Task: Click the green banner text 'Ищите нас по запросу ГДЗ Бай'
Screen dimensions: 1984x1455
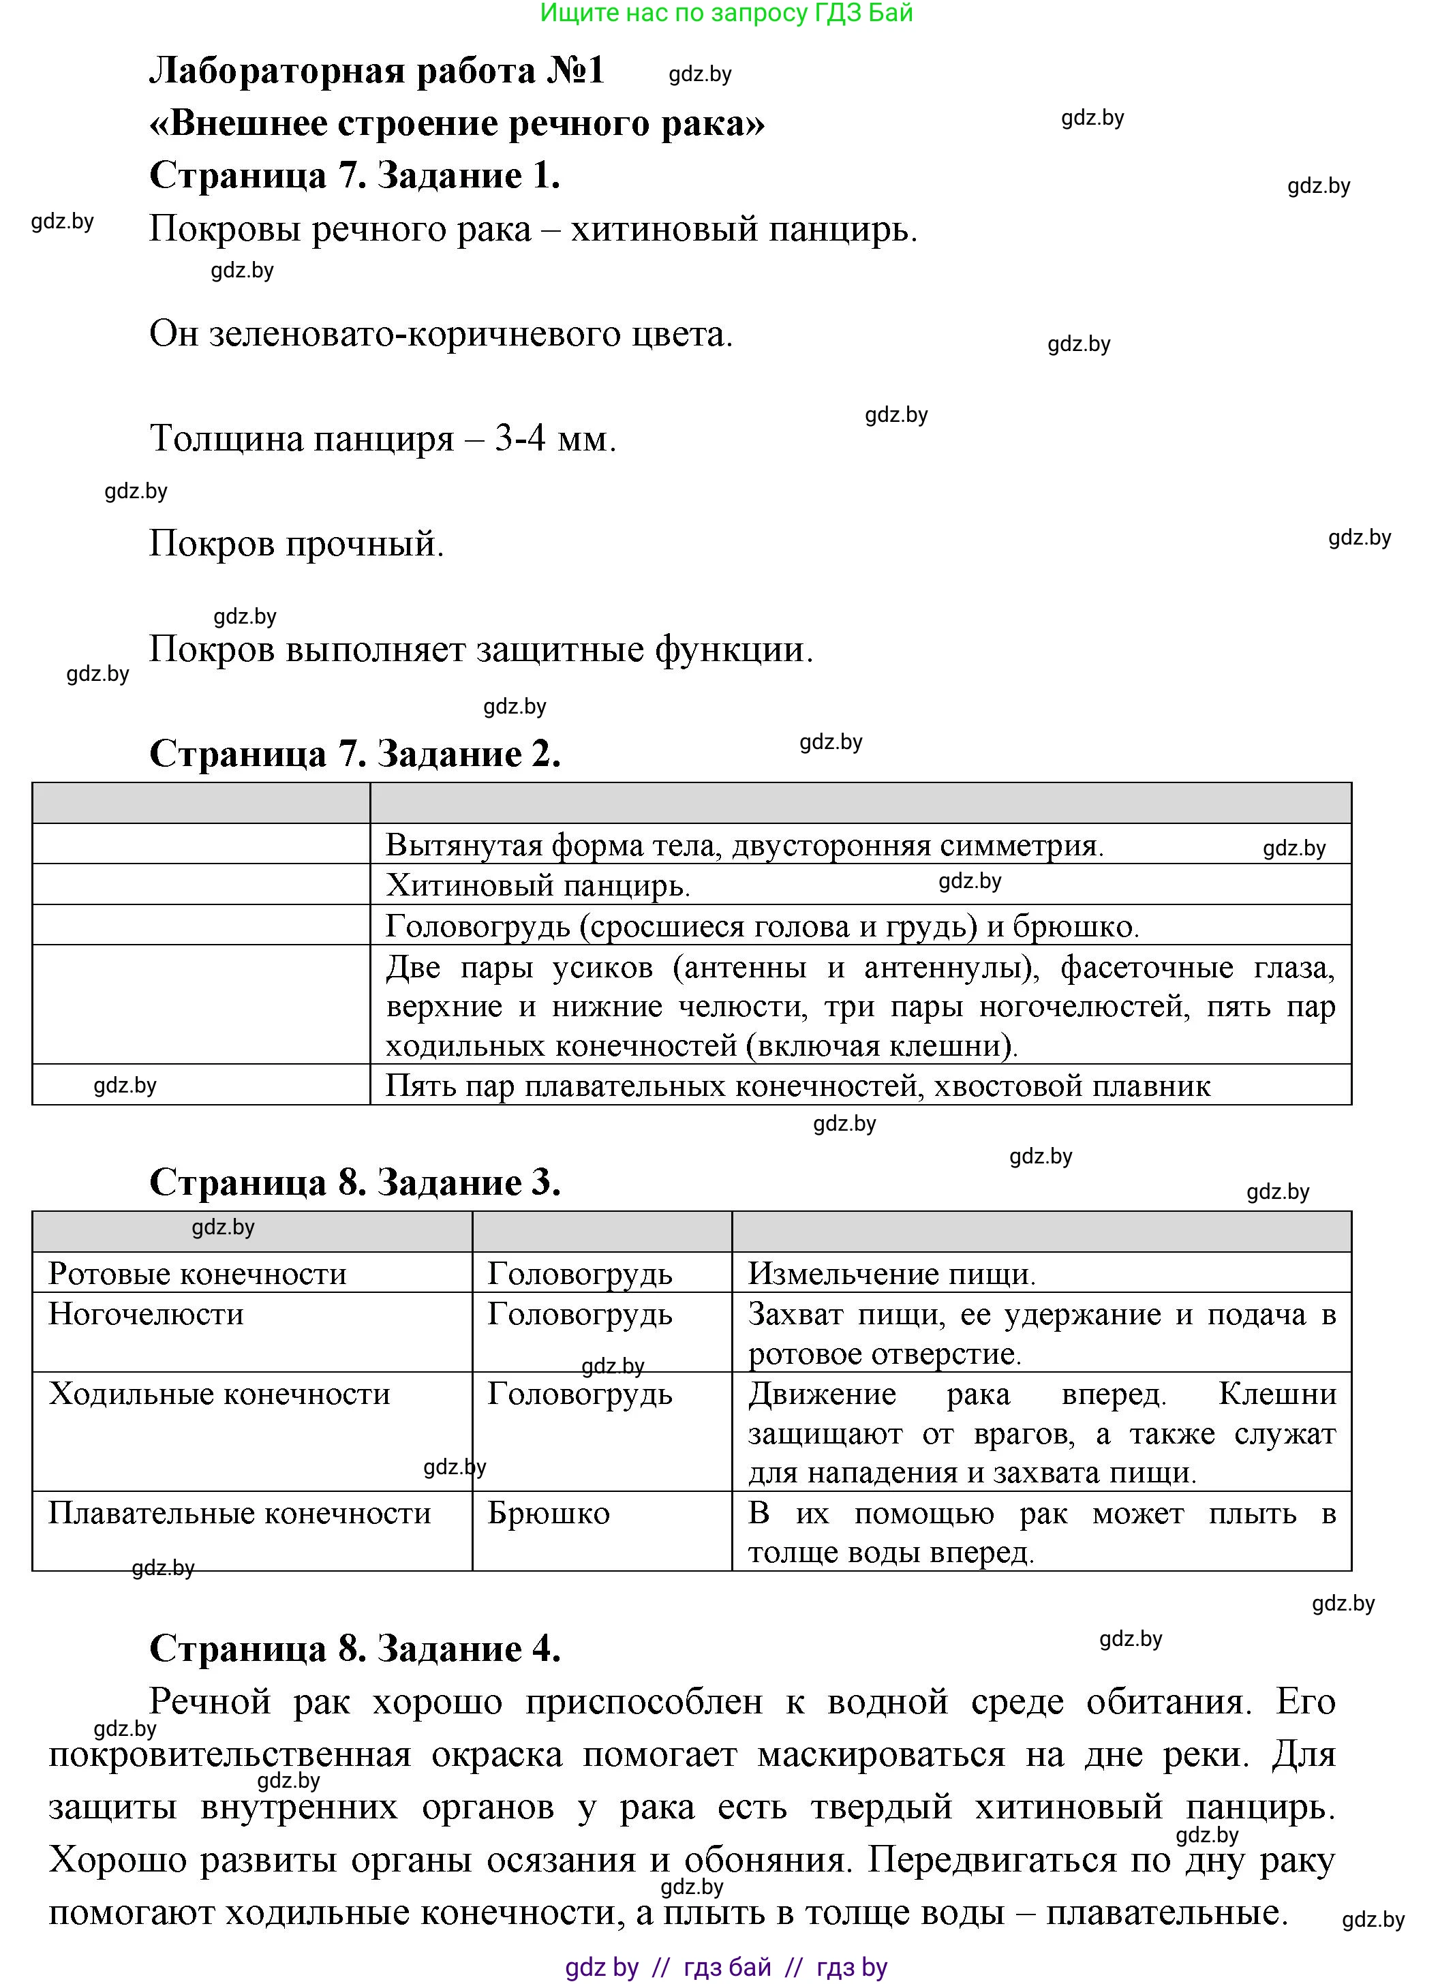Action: click(726, 13)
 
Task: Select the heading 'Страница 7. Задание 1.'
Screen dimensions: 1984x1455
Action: click(355, 175)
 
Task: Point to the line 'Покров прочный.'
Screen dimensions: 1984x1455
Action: click(296, 543)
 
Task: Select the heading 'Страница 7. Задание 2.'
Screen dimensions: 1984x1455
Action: click(355, 754)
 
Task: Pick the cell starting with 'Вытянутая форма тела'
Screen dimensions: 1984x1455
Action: click(744, 845)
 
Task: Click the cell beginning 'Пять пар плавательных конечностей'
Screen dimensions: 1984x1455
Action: click(798, 1086)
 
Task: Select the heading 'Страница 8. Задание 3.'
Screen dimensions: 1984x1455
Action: click(355, 1182)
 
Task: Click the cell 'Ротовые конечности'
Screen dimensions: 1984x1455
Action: click(197, 1273)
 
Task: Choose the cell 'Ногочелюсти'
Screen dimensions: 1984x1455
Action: click(147, 1314)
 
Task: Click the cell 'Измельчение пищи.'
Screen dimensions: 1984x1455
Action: click(891, 1273)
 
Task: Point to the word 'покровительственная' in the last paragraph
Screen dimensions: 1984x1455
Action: click(229, 1754)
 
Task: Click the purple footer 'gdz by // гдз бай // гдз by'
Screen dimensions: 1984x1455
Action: click(726, 1966)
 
